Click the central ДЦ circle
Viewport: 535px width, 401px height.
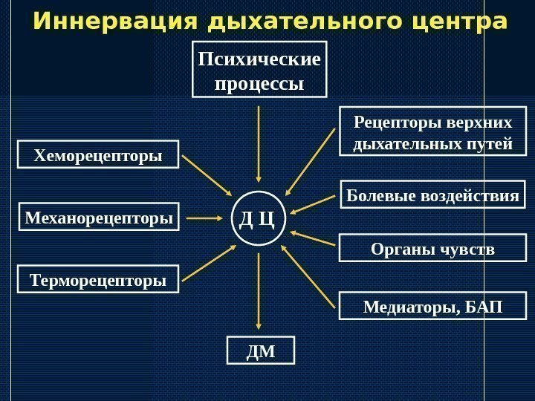pyautogui.click(x=259, y=218)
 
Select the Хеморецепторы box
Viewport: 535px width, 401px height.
pyautogui.click(x=98, y=156)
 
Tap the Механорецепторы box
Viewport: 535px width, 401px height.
pyautogui.click(x=98, y=218)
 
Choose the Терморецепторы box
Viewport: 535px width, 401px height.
pyautogui.click(x=98, y=281)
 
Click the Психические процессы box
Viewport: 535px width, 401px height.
pyautogui.click(x=259, y=71)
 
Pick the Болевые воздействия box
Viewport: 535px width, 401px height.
pyautogui.click(x=432, y=197)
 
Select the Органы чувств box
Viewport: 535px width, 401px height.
pyautogui.click(x=432, y=248)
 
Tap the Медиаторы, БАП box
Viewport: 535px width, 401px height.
pyautogui.click(x=432, y=306)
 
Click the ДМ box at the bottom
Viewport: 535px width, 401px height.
pyautogui.click(x=260, y=351)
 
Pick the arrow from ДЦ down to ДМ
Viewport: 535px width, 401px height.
pyautogui.click(x=259, y=290)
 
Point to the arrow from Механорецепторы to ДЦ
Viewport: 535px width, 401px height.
pyautogui.click(x=204, y=218)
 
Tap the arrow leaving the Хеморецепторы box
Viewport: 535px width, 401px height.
pyautogui.click(x=208, y=175)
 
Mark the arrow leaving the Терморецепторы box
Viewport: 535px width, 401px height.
pyautogui.click(x=208, y=264)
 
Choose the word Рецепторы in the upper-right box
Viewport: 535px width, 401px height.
pyautogui.click(x=390, y=122)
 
